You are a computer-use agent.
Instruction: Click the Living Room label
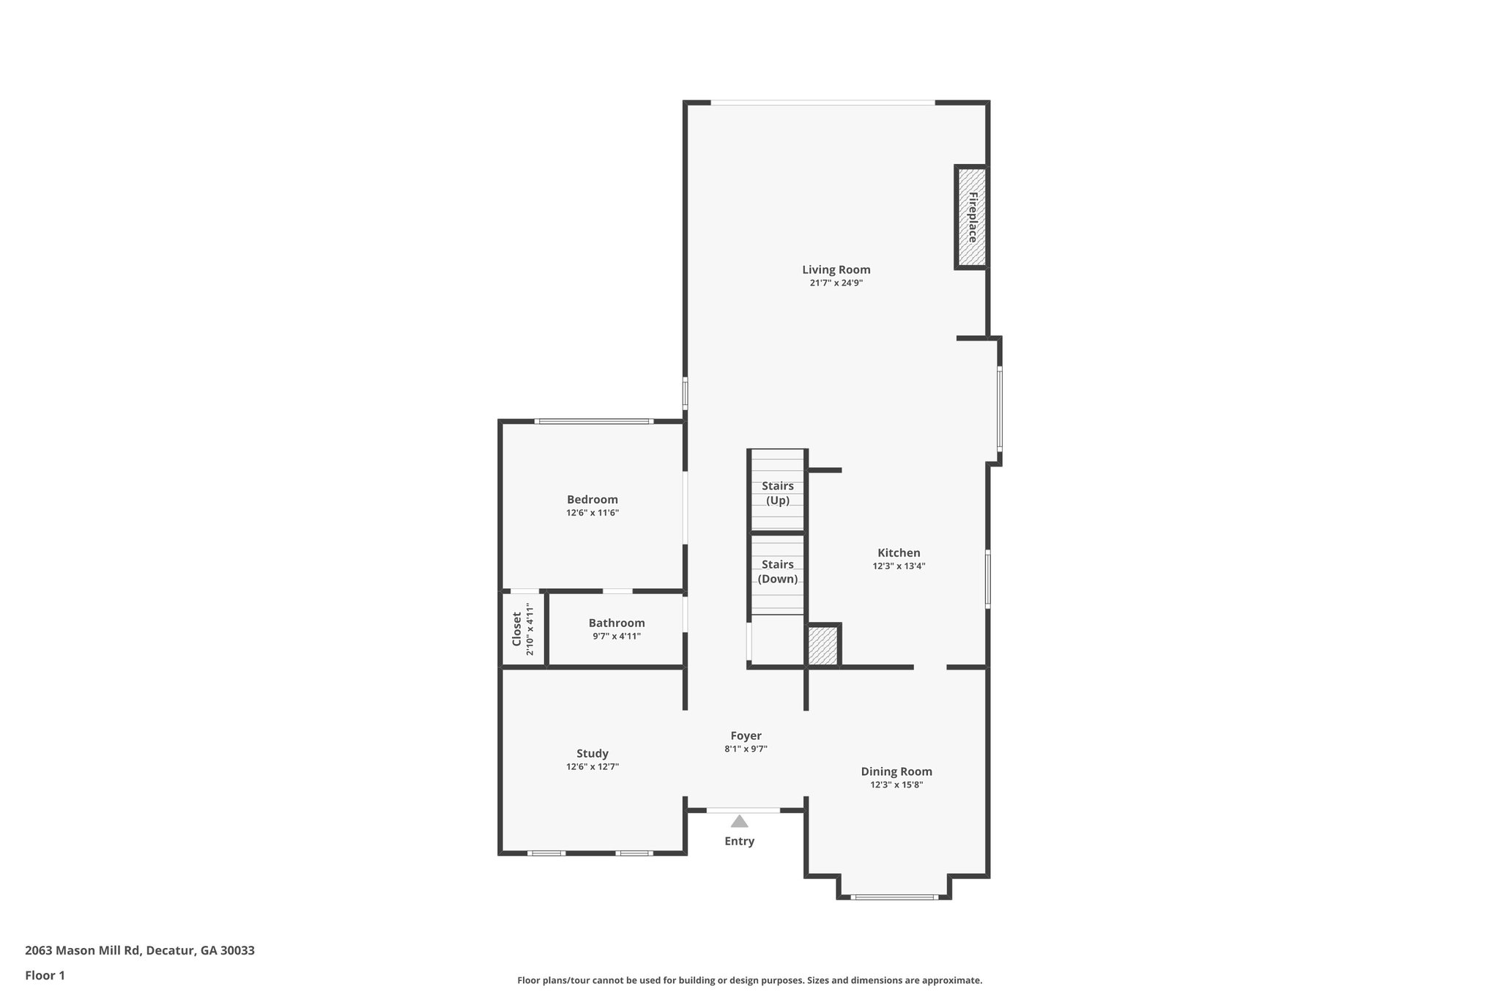[836, 270]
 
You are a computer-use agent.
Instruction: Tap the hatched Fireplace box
[972, 218]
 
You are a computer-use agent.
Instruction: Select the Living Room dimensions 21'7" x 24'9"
[836, 283]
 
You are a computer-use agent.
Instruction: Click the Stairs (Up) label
[777, 493]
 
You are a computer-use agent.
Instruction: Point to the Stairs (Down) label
[777, 571]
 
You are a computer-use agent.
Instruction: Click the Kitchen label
[899, 553]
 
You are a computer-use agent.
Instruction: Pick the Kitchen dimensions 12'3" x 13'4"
[899, 566]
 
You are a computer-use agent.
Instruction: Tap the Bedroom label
[592, 500]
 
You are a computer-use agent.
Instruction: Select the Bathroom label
[617, 623]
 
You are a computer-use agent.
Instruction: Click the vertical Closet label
[516, 629]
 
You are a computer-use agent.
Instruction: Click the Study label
[592, 753]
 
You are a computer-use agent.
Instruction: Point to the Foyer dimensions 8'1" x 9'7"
[746, 749]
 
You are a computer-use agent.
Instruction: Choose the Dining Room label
[896, 771]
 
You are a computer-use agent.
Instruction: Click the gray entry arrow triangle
[739, 821]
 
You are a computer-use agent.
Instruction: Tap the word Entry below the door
[739, 841]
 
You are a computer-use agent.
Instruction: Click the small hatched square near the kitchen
[823, 645]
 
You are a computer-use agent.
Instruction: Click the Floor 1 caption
[45, 975]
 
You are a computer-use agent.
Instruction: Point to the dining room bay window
[894, 897]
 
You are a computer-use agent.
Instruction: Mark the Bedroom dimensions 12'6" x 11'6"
[592, 513]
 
